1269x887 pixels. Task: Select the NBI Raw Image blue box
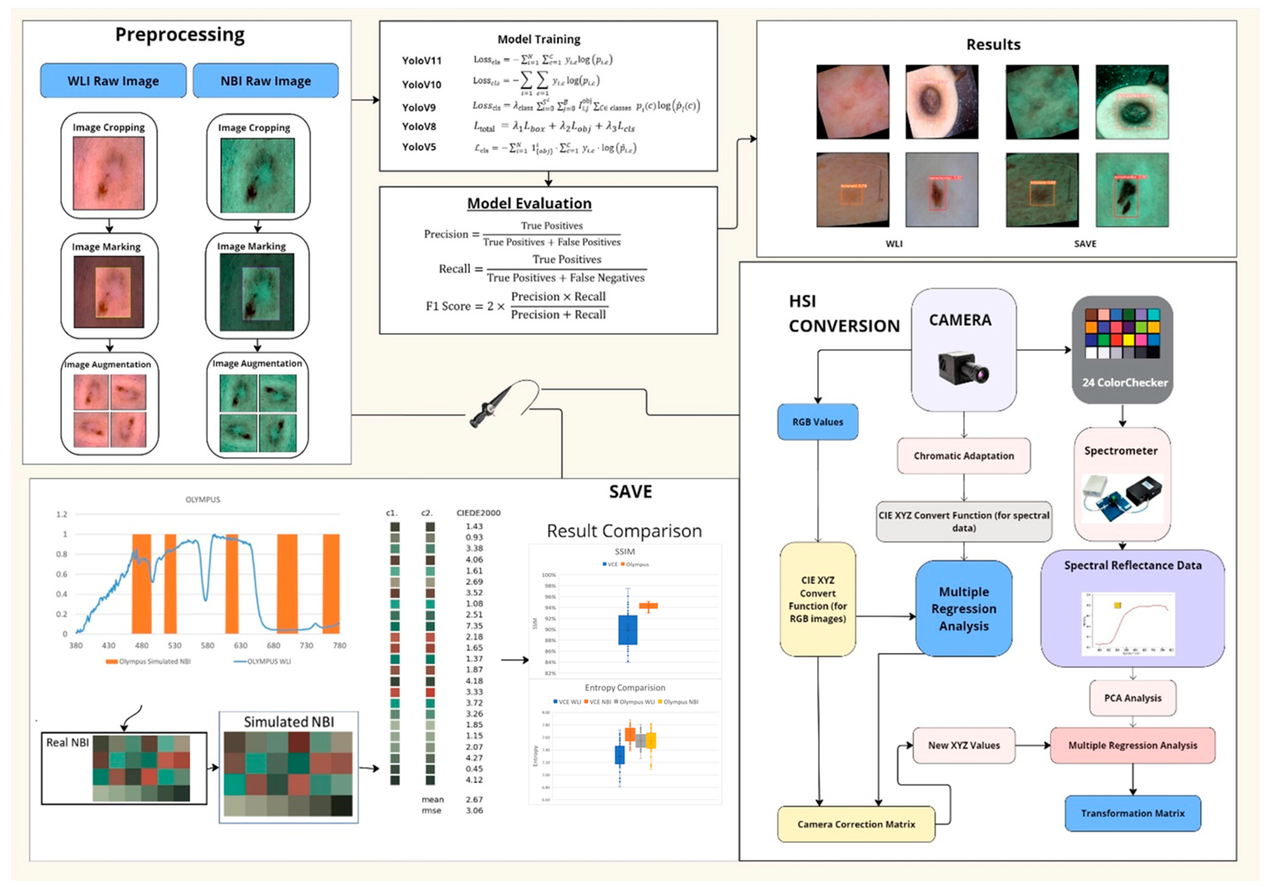tap(265, 81)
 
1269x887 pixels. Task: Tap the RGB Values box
tap(818, 422)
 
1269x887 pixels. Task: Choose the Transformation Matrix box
tap(1133, 813)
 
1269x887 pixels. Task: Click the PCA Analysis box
tap(1133, 698)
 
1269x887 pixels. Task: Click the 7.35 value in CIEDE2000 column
tap(474, 626)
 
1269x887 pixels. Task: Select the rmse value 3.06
tap(474, 810)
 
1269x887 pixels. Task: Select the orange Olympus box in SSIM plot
tap(648, 606)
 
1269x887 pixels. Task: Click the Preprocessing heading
tap(180, 35)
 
